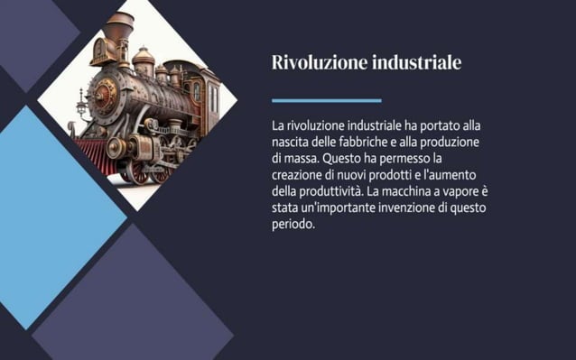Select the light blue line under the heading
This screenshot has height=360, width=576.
click(x=326, y=100)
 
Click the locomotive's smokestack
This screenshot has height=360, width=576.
click(x=117, y=31)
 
